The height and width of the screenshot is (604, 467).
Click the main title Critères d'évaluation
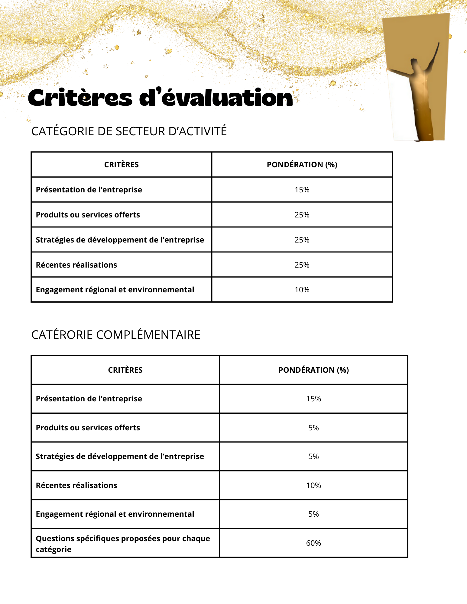(160, 98)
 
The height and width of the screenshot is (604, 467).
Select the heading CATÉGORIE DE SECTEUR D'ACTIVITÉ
(129, 131)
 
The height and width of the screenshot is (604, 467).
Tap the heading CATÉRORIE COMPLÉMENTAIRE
(116, 335)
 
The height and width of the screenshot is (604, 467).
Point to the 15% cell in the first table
(302, 190)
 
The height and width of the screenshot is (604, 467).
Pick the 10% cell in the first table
(302, 290)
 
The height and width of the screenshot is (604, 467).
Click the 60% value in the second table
(313, 543)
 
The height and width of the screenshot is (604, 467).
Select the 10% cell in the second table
(313, 486)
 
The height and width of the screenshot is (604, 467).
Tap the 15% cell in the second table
(313, 399)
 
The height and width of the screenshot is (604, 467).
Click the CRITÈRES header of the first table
(122, 165)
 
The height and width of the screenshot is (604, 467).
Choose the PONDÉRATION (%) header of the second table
(313, 370)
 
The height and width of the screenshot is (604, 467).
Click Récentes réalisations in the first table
(76, 265)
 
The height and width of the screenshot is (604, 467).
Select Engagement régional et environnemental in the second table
(115, 514)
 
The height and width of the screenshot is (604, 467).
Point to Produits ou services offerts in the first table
(88, 215)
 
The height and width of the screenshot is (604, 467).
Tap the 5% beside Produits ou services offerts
(313, 428)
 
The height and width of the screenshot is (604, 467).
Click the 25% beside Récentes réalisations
(302, 265)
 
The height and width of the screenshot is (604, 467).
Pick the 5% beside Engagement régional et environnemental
(313, 514)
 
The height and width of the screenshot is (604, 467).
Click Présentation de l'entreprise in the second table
(89, 399)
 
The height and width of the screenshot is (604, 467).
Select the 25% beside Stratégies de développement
(302, 240)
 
